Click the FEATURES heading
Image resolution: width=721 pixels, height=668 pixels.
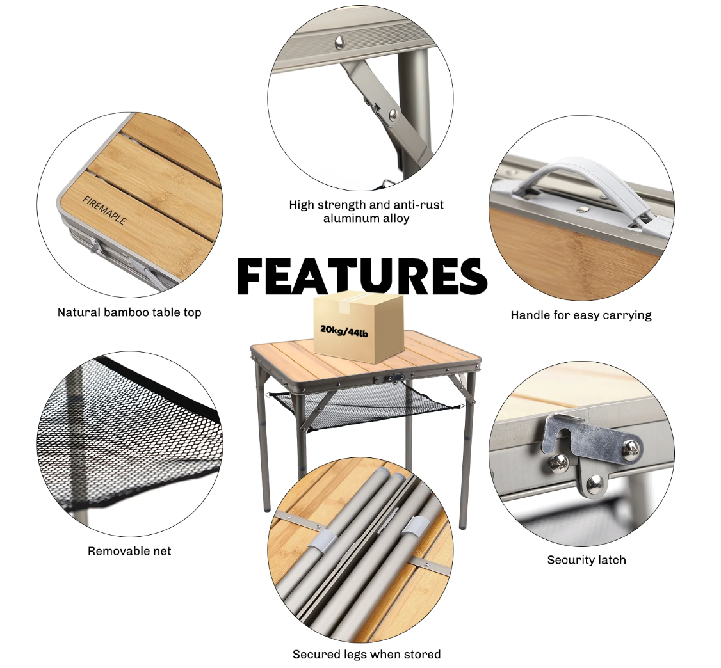(362, 276)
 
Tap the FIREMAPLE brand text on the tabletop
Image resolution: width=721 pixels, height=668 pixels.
(104, 210)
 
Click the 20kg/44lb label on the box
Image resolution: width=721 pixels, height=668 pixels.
(344, 331)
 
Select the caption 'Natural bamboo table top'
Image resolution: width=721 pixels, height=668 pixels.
(129, 312)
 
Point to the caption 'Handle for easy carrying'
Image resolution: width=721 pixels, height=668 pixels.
(581, 315)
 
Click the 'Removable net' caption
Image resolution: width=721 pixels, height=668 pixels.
(129, 551)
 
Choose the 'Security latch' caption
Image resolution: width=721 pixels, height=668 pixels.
(587, 560)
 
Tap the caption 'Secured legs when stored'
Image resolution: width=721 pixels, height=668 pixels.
(366, 654)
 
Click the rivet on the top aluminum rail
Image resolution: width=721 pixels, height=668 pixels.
(340, 42)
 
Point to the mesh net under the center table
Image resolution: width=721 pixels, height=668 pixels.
(363, 405)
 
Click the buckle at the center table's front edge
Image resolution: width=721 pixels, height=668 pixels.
(394, 378)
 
